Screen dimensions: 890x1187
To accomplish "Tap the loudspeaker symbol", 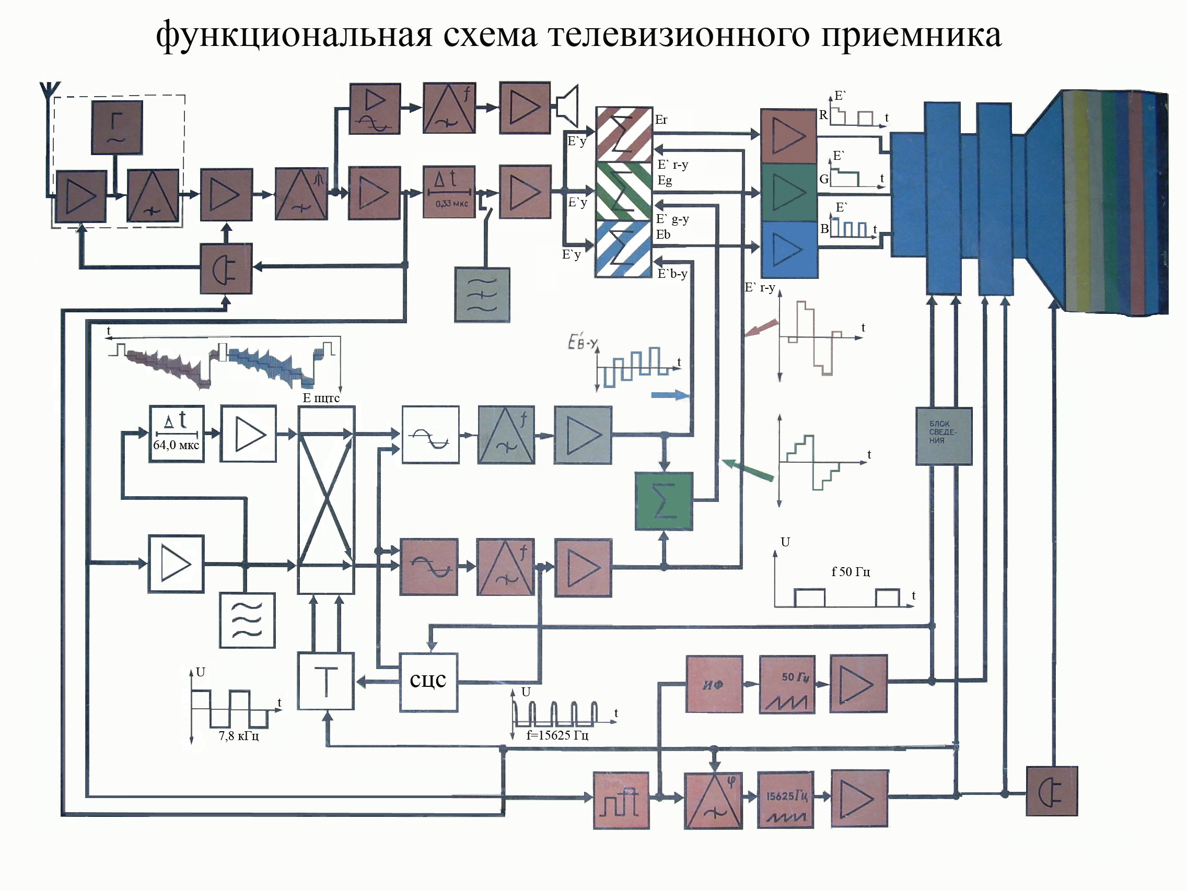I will point(568,106).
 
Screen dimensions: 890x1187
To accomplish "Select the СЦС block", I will point(428,681).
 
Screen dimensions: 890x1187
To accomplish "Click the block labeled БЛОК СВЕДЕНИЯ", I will point(944,436).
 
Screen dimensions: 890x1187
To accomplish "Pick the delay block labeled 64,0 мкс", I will point(177,434).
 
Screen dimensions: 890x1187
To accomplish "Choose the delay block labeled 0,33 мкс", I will point(449,192).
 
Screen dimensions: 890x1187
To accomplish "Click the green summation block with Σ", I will point(664,501).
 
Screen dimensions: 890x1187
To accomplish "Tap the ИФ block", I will point(714,684).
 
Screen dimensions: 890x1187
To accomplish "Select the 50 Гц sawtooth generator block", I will point(787,684).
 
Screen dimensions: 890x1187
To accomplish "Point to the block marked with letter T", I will point(325,681).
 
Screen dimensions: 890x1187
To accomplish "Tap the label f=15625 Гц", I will point(557,735).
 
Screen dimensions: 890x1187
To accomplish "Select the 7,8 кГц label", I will point(239,735).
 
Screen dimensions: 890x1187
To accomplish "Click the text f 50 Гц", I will point(851,572).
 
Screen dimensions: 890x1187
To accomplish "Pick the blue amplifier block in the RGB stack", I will point(789,250).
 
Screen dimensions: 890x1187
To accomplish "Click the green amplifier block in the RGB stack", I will point(789,192).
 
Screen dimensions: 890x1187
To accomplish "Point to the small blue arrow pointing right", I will point(670,395).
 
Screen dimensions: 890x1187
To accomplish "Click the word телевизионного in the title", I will point(678,36).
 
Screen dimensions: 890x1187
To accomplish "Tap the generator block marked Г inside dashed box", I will point(117,127).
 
